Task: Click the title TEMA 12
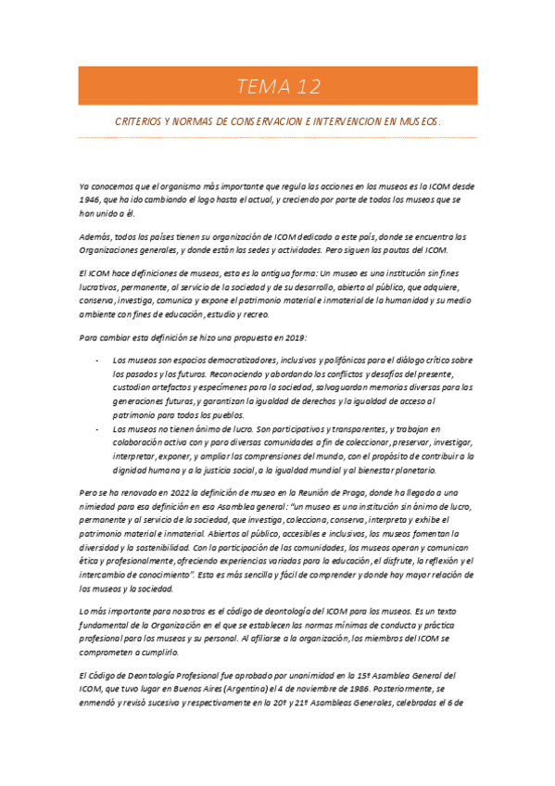tap(278, 87)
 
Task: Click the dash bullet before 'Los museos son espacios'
tap(97, 359)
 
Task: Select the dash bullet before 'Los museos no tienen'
tap(97, 430)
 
